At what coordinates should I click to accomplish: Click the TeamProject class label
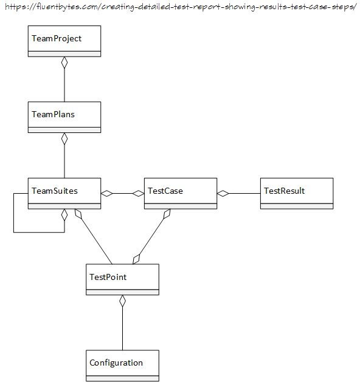[57, 38]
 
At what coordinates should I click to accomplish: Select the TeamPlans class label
[53, 114]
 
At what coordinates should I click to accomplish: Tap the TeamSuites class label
[55, 191]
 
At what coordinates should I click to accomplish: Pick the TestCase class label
[165, 191]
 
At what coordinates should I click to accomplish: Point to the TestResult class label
[285, 191]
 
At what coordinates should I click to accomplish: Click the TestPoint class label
[108, 277]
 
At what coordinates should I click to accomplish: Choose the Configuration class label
[116, 363]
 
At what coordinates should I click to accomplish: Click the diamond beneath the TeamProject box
[64, 63]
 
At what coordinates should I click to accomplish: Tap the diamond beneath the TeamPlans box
[64, 138]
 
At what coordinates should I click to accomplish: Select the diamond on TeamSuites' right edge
[107, 194]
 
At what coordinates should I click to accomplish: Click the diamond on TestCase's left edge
[138, 194]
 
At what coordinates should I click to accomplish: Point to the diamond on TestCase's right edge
[223, 194]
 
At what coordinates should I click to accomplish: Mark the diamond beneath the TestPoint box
[122, 301]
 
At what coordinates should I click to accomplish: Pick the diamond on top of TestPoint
[136, 259]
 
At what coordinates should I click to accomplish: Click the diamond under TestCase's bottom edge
[167, 214]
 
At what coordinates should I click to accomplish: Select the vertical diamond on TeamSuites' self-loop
[64, 215]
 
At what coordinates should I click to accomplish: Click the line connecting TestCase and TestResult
[244, 194]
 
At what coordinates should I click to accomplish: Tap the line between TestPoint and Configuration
[122, 329]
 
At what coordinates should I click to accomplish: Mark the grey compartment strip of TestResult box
[297, 206]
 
